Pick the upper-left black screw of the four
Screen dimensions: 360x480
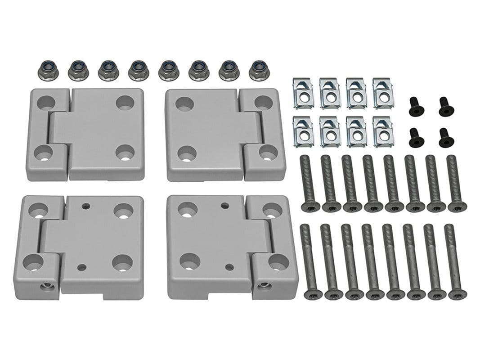(416, 106)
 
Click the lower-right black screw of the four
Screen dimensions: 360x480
(446, 137)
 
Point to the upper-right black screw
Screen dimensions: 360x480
(446, 106)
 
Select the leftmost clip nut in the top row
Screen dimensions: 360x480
(303, 93)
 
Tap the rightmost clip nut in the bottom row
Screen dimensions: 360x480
(383, 131)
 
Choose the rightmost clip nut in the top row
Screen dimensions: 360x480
(383, 93)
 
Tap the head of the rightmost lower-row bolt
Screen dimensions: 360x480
(458, 295)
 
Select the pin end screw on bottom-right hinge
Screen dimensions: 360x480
(264, 285)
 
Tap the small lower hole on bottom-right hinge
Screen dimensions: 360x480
(229, 267)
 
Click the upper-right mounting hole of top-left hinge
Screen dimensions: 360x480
(125, 103)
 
